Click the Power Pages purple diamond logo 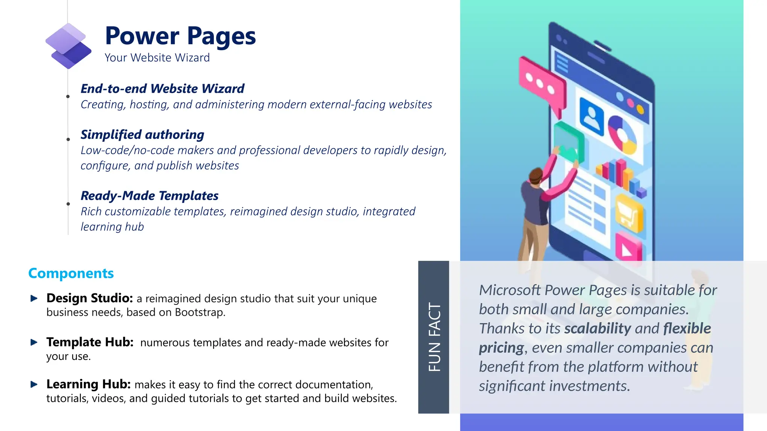point(68,46)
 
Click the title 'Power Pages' point(180,36)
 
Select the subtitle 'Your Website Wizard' point(157,58)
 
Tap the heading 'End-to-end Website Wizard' point(162,89)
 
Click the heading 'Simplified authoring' point(142,135)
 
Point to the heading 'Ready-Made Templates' point(149,196)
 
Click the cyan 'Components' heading point(71,273)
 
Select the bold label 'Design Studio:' point(90,298)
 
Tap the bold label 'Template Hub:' point(90,342)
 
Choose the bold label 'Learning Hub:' point(88,384)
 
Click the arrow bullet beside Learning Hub point(34,384)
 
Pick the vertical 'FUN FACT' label point(434,337)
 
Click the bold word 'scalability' point(597,328)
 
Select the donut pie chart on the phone point(622,135)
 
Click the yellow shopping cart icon point(629,213)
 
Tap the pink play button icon point(629,247)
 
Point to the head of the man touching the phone point(536,175)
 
